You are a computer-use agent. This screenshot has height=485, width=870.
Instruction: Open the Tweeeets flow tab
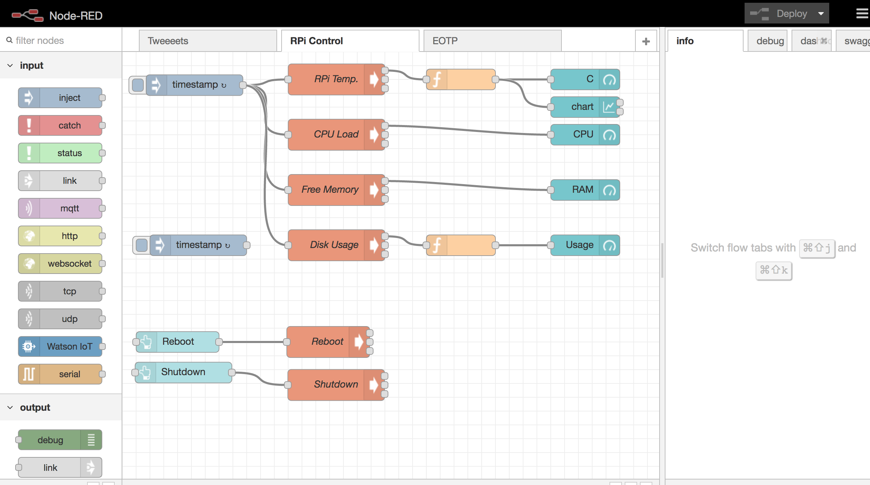pyautogui.click(x=207, y=41)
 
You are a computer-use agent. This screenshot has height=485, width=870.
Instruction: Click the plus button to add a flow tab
pyautogui.click(x=646, y=41)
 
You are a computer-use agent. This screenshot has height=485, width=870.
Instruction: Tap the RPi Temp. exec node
pyautogui.click(x=332, y=79)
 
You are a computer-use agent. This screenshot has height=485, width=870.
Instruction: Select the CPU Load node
pyautogui.click(x=332, y=134)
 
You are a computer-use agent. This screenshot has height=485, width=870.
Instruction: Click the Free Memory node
pyautogui.click(x=330, y=190)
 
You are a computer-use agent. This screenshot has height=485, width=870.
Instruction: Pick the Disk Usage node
pyautogui.click(x=332, y=245)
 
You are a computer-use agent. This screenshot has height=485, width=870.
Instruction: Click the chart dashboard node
pyautogui.click(x=580, y=107)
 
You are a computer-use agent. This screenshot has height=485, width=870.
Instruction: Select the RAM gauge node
pyautogui.click(x=580, y=190)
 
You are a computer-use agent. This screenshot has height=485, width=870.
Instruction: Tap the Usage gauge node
pyautogui.click(x=580, y=245)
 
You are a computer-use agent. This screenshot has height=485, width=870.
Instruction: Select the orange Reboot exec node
pyautogui.click(x=325, y=342)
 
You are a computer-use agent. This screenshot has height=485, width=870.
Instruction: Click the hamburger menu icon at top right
pyautogui.click(x=862, y=14)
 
